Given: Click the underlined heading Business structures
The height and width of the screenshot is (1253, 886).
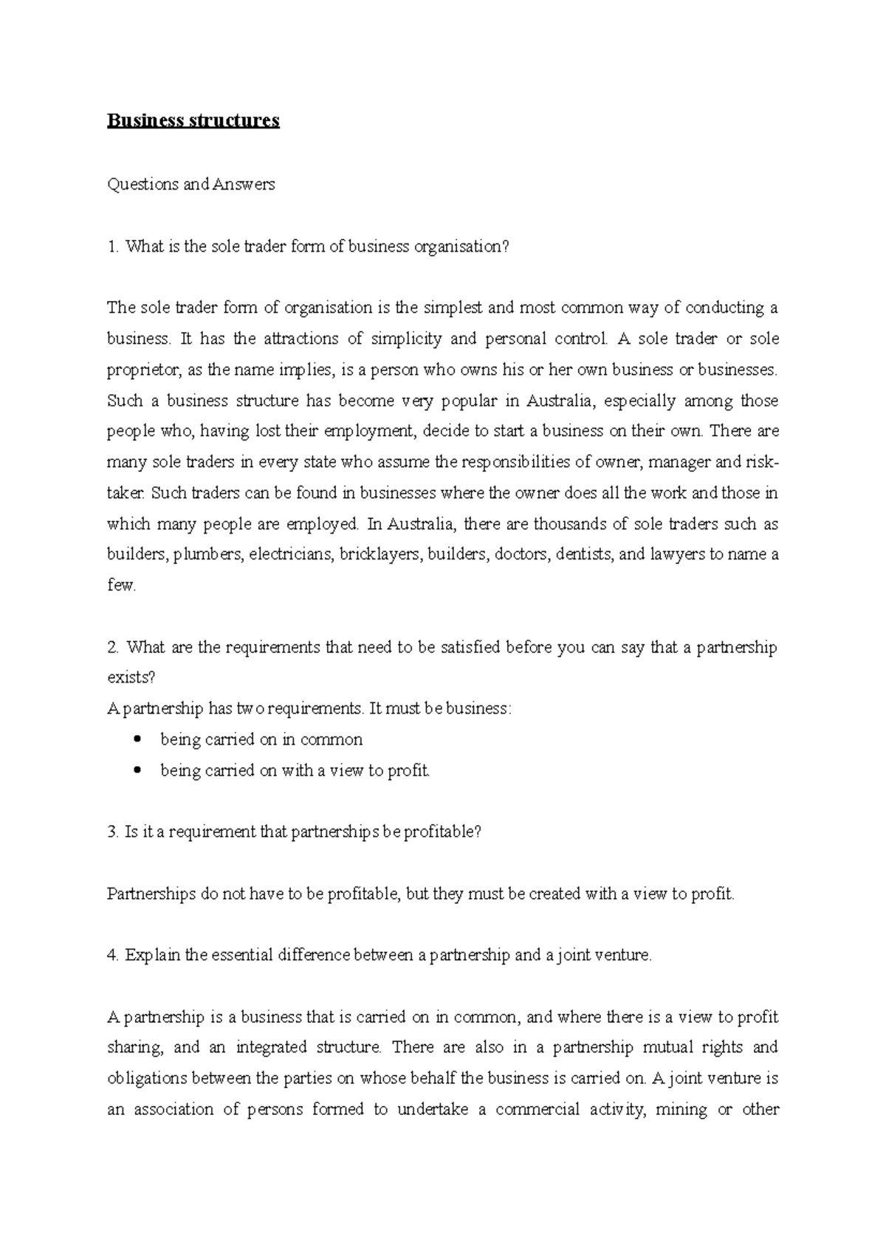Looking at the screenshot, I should (x=193, y=120).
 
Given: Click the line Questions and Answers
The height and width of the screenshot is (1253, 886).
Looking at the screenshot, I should (x=191, y=184).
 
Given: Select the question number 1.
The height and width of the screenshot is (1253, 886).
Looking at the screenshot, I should (x=112, y=246).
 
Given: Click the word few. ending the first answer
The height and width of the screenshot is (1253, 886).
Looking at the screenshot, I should (x=122, y=585).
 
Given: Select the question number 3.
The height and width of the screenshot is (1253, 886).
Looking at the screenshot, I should (x=112, y=832).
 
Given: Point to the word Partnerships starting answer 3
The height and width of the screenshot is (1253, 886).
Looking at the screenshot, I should (x=151, y=894).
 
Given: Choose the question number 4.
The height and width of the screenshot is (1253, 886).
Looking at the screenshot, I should (x=112, y=955).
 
